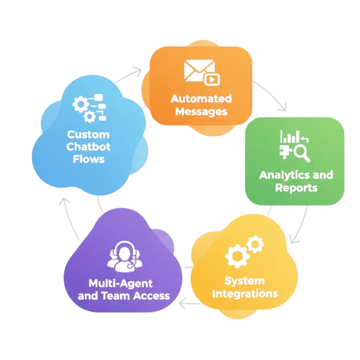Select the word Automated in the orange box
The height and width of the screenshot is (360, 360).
(201, 99)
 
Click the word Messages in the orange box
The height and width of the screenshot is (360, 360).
(201, 112)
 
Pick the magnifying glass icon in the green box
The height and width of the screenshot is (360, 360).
(302, 153)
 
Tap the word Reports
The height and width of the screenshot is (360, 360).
(296, 188)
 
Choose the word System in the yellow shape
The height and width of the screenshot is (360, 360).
(244, 281)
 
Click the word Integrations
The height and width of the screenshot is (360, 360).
(245, 294)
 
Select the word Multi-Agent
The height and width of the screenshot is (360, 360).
(121, 283)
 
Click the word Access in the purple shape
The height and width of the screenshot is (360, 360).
(152, 296)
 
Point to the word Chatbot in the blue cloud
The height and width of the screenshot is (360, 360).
(88, 147)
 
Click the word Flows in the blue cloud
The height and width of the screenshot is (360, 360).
(89, 159)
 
